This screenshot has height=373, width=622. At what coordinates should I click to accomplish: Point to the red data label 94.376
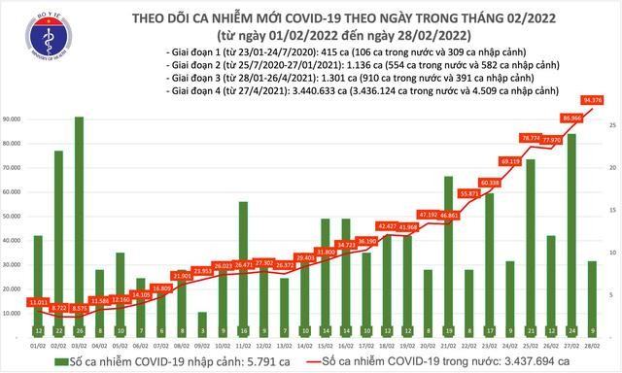click(589, 98)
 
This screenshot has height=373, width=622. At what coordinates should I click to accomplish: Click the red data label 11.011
click(38, 303)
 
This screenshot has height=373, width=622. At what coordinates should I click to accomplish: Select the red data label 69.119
click(509, 160)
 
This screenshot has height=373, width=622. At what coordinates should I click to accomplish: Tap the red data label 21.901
click(182, 276)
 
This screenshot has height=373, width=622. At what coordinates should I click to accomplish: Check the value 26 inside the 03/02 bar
click(79, 329)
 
